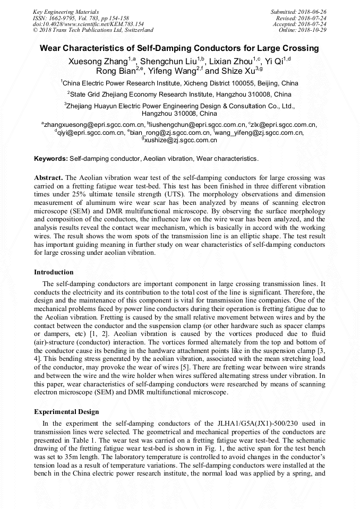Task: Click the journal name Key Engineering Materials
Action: [65, 11]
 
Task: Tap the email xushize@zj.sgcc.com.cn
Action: [181, 140]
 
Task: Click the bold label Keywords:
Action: [51, 159]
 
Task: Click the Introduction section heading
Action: [54, 272]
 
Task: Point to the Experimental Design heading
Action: [66, 412]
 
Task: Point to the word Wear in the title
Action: [51, 48]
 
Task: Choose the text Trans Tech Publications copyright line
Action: [93, 30]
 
